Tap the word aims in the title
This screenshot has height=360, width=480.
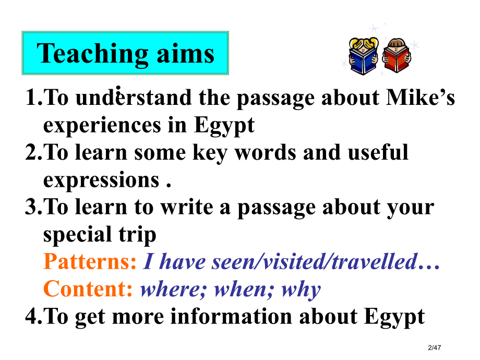(x=186, y=53)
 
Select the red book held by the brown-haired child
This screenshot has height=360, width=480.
(x=397, y=58)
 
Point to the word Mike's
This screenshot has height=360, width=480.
(x=421, y=98)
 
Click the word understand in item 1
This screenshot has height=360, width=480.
(x=134, y=98)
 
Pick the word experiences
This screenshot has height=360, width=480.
(x=102, y=126)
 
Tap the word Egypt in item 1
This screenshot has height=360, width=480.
(x=224, y=126)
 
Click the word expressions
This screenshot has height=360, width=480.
(x=101, y=181)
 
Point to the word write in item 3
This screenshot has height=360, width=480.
(x=187, y=207)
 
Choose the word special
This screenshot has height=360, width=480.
(x=77, y=235)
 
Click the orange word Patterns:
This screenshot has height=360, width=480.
(x=90, y=262)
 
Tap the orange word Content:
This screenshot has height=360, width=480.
(x=88, y=289)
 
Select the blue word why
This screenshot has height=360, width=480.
(x=301, y=290)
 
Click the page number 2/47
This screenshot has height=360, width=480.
(x=435, y=347)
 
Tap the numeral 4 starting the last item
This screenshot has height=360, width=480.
(x=31, y=316)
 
